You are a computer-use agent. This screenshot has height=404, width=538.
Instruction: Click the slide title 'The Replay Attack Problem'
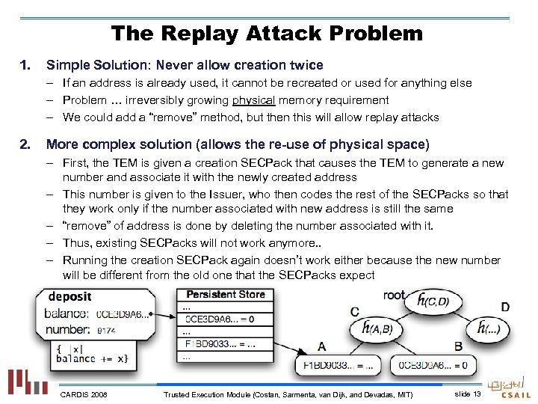pyautogui.click(x=267, y=34)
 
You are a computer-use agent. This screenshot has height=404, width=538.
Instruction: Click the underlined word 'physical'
pyautogui.click(x=253, y=100)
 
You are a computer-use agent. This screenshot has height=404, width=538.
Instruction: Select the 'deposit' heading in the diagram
pyautogui.click(x=70, y=297)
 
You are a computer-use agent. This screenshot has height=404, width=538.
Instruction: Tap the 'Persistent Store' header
pyautogui.click(x=225, y=294)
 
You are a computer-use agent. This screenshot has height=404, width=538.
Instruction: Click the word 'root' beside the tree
pyautogui.click(x=394, y=295)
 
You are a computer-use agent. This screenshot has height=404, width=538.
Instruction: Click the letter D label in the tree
pyautogui.click(x=506, y=307)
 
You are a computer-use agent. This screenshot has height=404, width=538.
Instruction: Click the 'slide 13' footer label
pyautogui.click(x=467, y=394)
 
